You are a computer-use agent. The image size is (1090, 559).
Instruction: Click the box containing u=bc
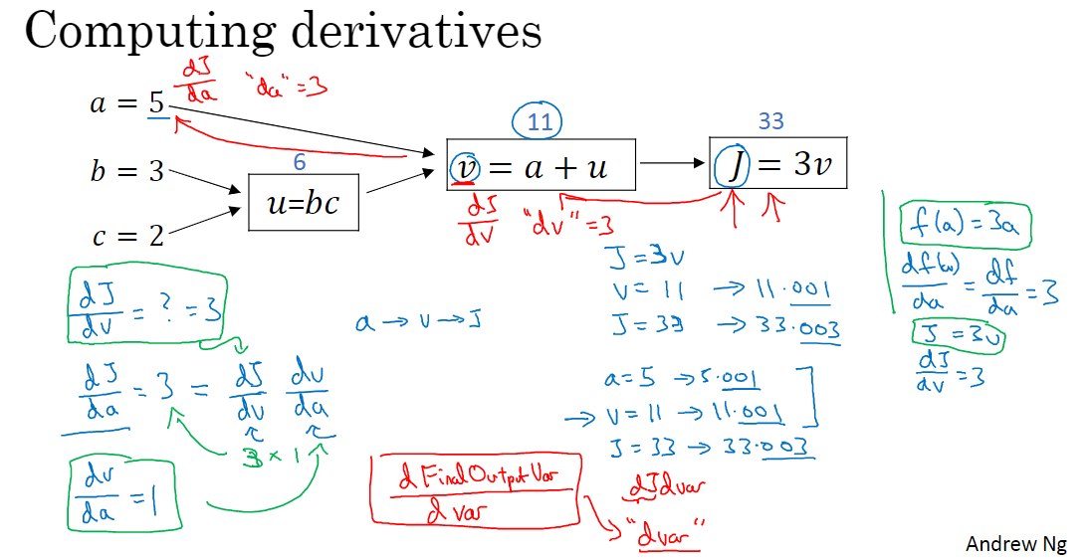(304, 203)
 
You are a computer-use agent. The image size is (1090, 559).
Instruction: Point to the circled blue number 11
(537, 123)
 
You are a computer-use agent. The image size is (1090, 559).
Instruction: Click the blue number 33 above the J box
(770, 121)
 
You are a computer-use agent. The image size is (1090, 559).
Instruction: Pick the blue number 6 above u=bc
(300, 162)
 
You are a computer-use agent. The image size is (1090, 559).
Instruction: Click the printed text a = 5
(126, 102)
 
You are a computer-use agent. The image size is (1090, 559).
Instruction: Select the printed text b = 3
(126, 171)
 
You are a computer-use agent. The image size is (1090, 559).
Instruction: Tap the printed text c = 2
(126, 237)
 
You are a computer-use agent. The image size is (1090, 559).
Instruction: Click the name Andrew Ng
(1016, 543)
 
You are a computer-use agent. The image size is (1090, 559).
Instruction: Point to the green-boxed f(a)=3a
(965, 227)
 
